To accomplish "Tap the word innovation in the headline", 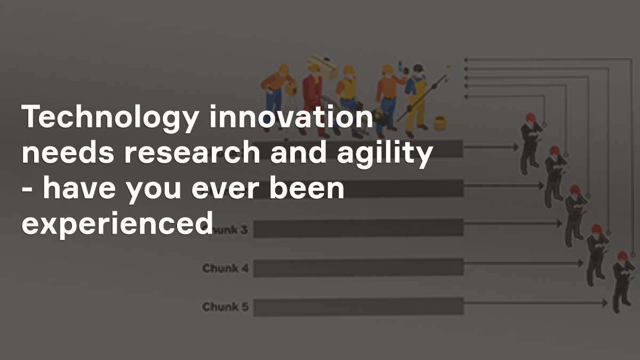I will click(x=290, y=117).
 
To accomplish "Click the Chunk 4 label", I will click(x=225, y=268).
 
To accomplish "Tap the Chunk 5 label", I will click(x=225, y=307).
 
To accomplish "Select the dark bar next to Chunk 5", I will click(x=358, y=307).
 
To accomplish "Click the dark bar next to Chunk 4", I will click(x=358, y=267).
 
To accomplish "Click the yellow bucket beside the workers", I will click(x=439, y=123).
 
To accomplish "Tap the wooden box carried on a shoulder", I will click(x=323, y=66).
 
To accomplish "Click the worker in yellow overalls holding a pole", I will click(x=415, y=99).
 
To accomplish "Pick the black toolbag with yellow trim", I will click(x=380, y=117).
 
